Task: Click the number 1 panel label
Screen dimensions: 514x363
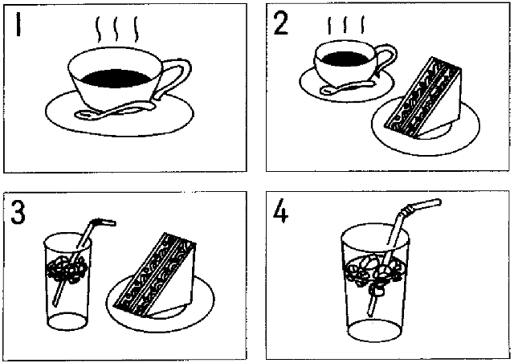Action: pyautogui.click(x=18, y=25)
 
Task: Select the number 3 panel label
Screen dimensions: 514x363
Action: pyautogui.click(x=18, y=212)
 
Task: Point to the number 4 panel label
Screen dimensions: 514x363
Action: pyautogui.click(x=280, y=211)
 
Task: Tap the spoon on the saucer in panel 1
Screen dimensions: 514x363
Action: pyautogui.click(x=115, y=110)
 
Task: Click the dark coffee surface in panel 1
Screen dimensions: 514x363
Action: pyautogui.click(x=116, y=78)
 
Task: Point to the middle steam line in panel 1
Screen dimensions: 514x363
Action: pyautogui.click(x=116, y=29)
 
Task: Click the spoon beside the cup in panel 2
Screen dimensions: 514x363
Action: pyautogui.click(x=347, y=87)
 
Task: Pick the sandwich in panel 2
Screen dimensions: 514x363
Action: pyautogui.click(x=423, y=98)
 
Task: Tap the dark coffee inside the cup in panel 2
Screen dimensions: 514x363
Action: pyautogui.click(x=345, y=59)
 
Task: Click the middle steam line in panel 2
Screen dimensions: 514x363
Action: pyautogui.click(x=345, y=25)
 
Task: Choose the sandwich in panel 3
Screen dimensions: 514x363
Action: pyautogui.click(x=155, y=275)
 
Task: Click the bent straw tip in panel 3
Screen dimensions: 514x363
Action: pyautogui.click(x=110, y=222)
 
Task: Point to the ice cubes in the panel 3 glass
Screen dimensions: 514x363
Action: pyautogui.click(x=66, y=270)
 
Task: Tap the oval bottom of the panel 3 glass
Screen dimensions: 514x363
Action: pyautogui.click(x=67, y=320)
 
